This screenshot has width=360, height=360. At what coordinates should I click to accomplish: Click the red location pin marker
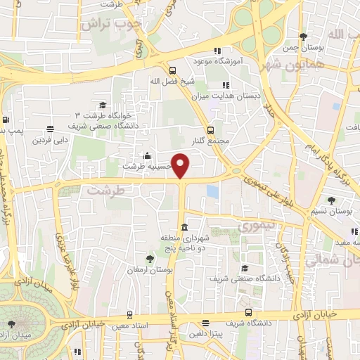(181, 166)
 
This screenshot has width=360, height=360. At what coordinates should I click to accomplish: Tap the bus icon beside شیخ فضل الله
(172, 70)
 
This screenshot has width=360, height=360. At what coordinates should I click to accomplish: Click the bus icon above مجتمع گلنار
(211, 130)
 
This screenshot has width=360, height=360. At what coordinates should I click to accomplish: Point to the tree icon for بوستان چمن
(303, 37)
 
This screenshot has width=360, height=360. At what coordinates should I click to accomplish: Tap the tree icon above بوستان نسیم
(331, 200)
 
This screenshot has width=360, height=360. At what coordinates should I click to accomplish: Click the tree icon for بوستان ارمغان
(149, 259)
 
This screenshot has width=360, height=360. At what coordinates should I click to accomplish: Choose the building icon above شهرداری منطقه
(184, 227)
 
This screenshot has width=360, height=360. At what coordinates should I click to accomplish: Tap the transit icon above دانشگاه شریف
(247, 312)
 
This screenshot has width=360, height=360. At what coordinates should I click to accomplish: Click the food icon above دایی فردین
(50, 129)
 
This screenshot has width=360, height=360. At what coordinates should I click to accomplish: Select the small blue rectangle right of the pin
(212, 191)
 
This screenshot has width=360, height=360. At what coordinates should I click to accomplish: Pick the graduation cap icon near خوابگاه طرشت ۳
(103, 105)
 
